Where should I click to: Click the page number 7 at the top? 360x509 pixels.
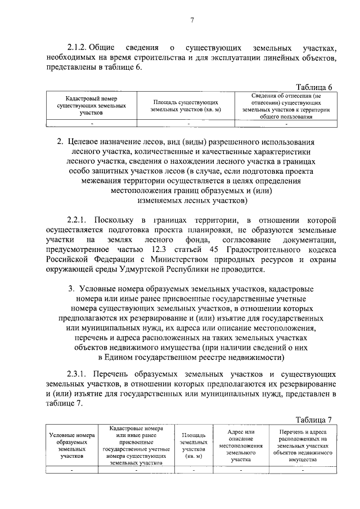click(x=192, y=21)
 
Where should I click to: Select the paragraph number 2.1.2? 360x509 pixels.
click(x=78, y=48)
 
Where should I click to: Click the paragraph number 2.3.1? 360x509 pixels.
click(x=78, y=373)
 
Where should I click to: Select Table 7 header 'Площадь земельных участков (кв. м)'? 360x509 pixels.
click(x=193, y=446)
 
